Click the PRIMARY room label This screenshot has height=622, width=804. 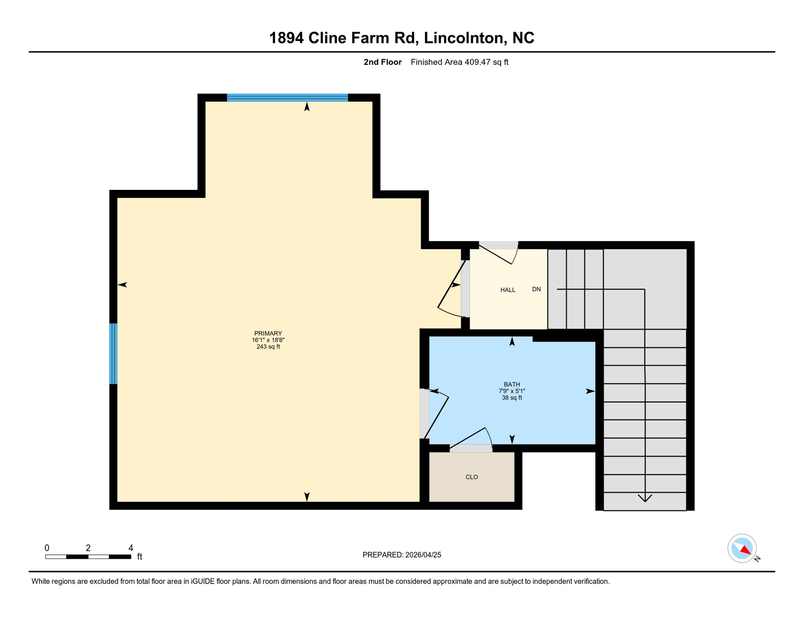[268, 333]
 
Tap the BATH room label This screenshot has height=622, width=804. [512, 384]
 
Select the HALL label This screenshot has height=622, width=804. [508, 290]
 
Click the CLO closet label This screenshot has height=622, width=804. [472, 477]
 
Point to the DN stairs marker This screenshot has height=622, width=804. [536, 289]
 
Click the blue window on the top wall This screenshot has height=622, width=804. [287, 98]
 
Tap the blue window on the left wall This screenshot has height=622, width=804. [114, 354]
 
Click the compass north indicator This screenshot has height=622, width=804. [742, 548]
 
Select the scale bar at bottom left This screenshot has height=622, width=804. [88, 557]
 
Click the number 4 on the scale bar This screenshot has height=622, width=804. [131, 548]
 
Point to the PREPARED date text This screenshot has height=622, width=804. [402, 555]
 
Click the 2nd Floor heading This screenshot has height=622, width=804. [382, 62]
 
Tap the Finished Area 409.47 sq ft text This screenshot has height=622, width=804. [459, 62]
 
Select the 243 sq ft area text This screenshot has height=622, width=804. [268, 347]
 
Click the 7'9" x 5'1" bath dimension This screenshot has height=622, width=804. [512, 391]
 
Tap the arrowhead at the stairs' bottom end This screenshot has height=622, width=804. [645, 498]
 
